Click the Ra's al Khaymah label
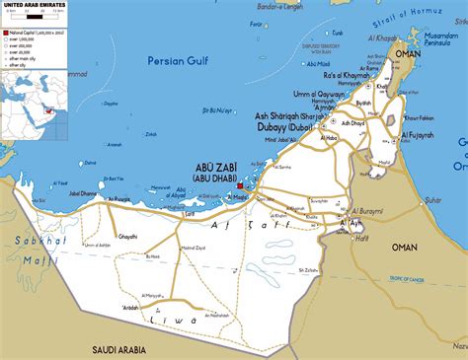(x=346, y=76)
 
